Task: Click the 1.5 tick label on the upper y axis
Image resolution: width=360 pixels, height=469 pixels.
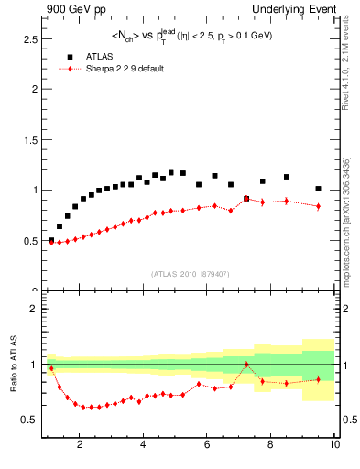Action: click(29, 140)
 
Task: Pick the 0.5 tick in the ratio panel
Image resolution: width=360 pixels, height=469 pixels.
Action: click(29, 420)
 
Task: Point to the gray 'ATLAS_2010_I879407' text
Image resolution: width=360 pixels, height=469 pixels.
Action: click(190, 273)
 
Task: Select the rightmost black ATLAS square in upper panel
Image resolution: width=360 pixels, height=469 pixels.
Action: click(318, 189)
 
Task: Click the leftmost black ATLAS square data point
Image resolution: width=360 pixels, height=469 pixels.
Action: click(51, 240)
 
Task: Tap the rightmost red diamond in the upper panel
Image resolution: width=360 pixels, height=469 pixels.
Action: click(318, 206)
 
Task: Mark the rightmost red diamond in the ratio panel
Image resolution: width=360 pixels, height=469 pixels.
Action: click(318, 379)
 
